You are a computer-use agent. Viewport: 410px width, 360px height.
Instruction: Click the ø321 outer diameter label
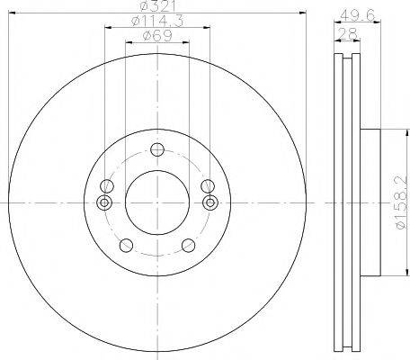click(x=157, y=6)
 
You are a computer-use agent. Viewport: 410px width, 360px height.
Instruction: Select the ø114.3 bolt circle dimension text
click(x=157, y=21)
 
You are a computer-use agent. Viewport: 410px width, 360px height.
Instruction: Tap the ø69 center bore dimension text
click(x=157, y=36)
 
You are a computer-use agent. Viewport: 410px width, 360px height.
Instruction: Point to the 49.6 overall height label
click(x=358, y=15)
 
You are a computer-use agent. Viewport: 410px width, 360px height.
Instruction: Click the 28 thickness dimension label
click(x=347, y=33)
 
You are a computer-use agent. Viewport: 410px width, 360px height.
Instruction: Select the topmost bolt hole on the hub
click(x=157, y=149)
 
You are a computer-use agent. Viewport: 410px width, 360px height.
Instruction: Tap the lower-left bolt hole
click(x=126, y=246)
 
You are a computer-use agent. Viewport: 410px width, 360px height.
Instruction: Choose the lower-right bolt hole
click(x=189, y=246)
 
